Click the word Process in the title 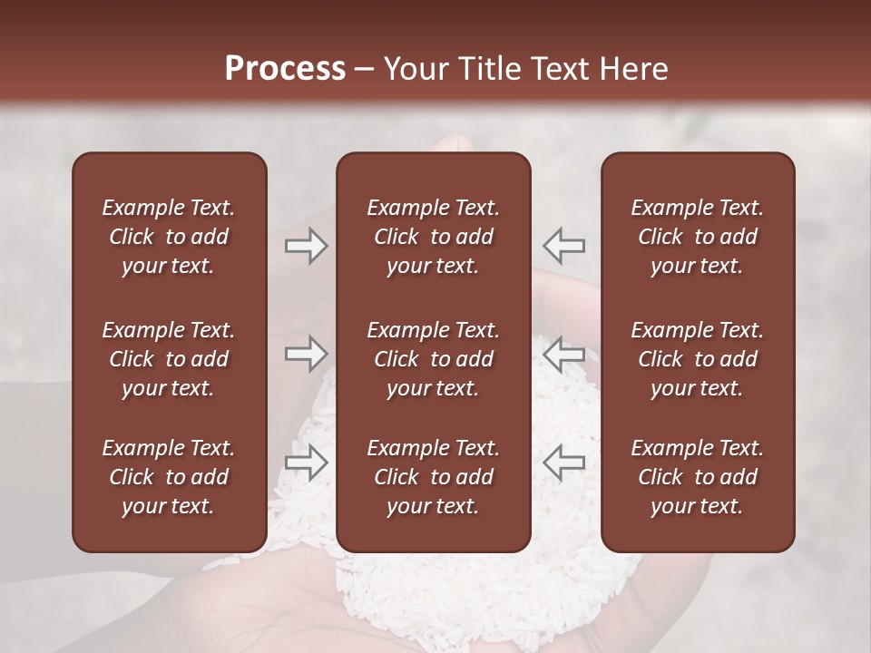tap(285, 69)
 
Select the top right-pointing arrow tap(306, 245)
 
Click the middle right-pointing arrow tap(306, 353)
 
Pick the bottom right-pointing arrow tap(306, 462)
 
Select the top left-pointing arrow tap(563, 245)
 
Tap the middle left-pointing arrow tap(563, 353)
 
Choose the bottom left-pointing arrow tap(563, 462)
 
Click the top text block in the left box tap(169, 237)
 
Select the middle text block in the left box tap(169, 359)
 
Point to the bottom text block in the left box tap(169, 477)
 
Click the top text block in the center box tap(433, 237)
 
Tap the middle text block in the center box tap(433, 359)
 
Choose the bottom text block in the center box tap(433, 477)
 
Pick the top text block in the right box tap(698, 237)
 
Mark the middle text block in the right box tap(698, 359)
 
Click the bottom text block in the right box tap(698, 477)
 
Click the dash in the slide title tap(364, 70)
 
